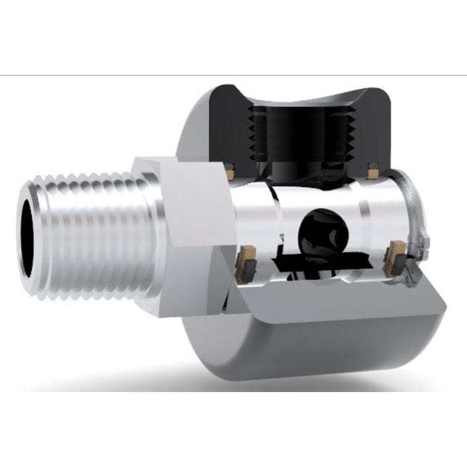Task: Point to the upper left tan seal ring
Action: (230, 174)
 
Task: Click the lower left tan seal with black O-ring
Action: (248, 260)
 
